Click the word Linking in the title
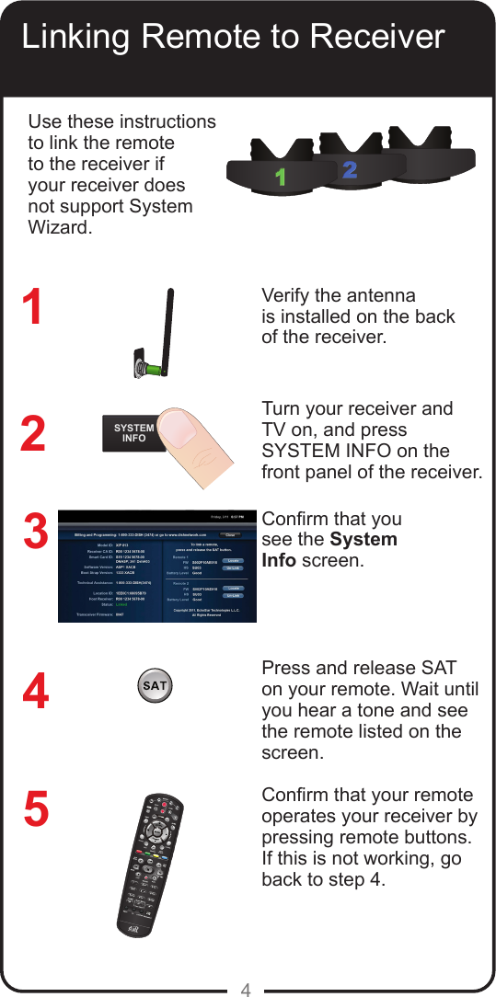tap(78, 38)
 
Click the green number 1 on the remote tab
tap(280, 178)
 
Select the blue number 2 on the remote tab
tap(349, 170)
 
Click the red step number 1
tap(33, 308)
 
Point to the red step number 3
tap(34, 534)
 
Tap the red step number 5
tap(36, 809)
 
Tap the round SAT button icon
tap(155, 686)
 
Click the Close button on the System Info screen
tap(231, 533)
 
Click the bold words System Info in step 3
tap(329, 550)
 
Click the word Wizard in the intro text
tap(61, 227)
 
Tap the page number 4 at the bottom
tap(246, 990)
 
